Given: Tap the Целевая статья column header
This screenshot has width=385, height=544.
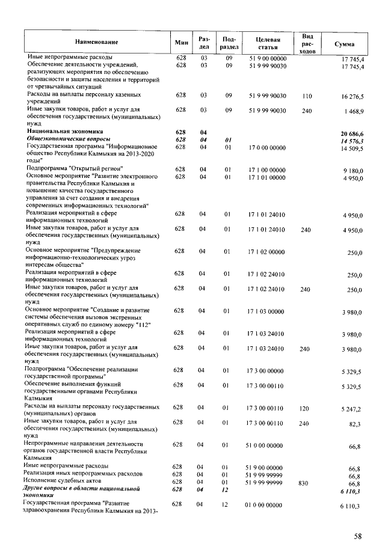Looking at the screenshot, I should coord(268,42).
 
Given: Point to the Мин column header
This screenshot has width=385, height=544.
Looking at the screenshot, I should coord(181,42).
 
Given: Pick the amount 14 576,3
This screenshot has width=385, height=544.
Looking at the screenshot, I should coord(353,140).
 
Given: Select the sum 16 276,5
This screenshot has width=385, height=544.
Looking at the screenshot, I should coord(352,96).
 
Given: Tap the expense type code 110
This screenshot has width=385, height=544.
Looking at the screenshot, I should coord(307,96).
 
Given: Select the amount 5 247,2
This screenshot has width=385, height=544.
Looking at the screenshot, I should coord(352,409).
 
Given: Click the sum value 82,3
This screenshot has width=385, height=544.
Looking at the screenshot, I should coord(355,424).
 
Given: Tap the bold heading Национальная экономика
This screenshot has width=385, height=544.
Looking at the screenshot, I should coord(65,131).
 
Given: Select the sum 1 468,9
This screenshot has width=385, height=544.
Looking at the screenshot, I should coord(353,112).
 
